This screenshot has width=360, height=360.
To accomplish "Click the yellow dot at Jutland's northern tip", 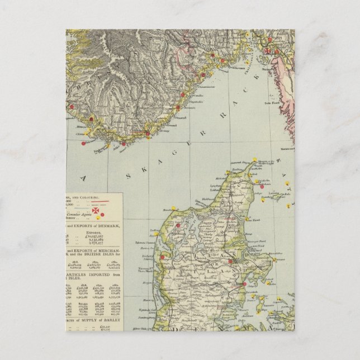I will click(x=254, y=159).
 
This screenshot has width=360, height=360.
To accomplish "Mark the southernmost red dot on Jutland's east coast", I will click(x=244, y=285).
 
